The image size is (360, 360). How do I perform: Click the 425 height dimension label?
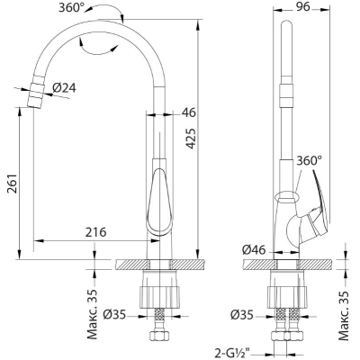coord(191,139)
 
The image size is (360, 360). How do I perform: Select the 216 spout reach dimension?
coord(95,232)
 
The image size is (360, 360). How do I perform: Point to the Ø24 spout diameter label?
coord(64,88)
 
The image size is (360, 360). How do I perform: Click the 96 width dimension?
coord(302,6)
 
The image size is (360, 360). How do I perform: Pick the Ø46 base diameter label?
coord(254,249)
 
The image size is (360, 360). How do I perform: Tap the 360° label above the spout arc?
coord(70,8)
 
